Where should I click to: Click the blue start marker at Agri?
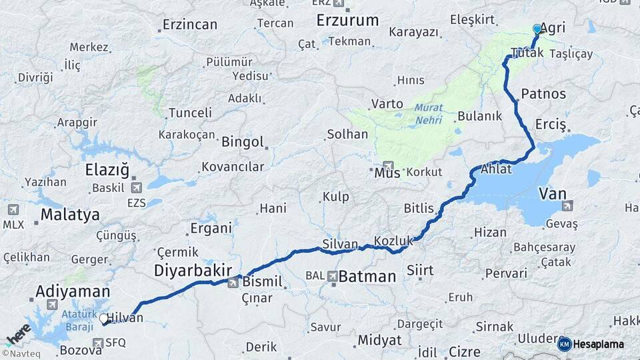coord(537,29)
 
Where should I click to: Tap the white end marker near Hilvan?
coord(104,319)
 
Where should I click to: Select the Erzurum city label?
coord(347,20)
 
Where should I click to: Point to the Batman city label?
coord(367,276)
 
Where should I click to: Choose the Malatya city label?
coord(70,215)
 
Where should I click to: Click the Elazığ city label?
coord(107,169)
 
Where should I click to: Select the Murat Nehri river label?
coord(428,113)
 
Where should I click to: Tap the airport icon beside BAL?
coord(333,275)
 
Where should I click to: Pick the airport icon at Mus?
coord(388,166)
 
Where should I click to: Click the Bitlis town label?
coord(419,208)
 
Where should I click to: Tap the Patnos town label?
coord(543,94)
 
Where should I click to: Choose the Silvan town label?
coord(340,244)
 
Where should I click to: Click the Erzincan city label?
coord(190,25)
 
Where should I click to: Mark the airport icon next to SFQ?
coord(98,343)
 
